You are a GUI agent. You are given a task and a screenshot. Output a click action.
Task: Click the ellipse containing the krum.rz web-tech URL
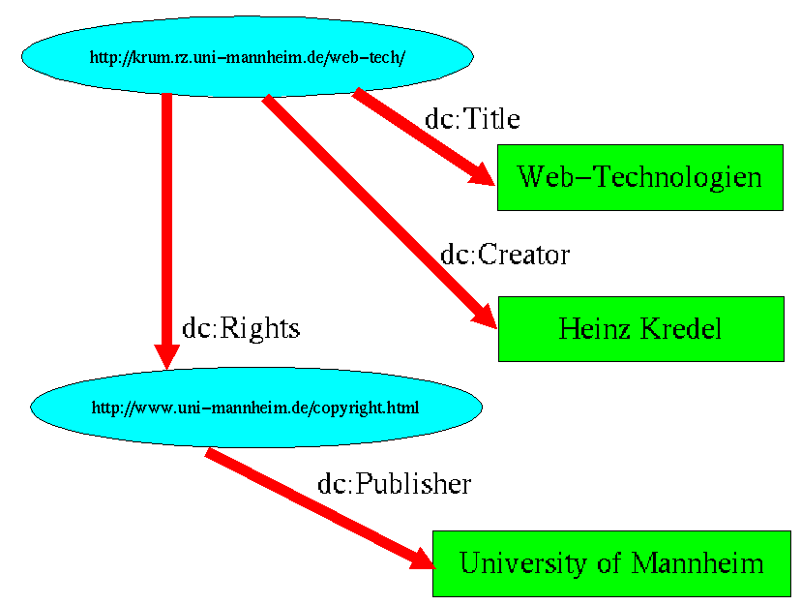247,57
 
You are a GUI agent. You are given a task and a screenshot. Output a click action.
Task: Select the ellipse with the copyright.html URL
256,408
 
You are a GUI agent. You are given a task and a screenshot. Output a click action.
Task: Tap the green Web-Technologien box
639,177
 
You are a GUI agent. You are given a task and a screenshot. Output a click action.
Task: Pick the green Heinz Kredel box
640,329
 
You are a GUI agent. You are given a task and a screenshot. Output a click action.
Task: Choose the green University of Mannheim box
611,563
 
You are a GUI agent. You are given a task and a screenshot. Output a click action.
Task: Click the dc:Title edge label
472,119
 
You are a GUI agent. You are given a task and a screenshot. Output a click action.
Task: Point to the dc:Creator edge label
505,255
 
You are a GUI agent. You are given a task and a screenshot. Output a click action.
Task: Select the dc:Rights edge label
241,328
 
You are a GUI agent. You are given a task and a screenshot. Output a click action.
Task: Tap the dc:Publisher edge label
394,484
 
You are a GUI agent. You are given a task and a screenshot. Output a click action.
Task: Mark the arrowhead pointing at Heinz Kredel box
483,318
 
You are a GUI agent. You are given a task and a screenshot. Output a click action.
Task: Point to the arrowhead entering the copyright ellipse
167,355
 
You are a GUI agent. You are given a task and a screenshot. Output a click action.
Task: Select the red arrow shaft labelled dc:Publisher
310,504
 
